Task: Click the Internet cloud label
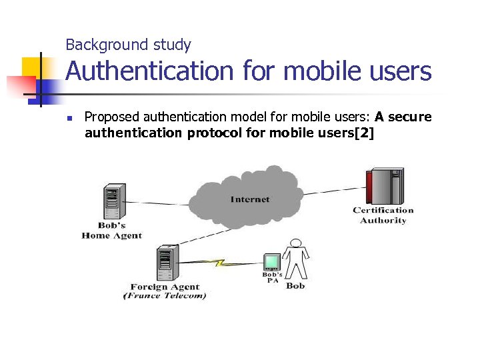click(250, 199)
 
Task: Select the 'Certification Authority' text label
click(383, 215)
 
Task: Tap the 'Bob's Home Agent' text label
click(111, 231)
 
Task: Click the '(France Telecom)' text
click(165, 296)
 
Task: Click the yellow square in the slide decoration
click(31, 67)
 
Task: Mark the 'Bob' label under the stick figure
click(295, 285)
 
